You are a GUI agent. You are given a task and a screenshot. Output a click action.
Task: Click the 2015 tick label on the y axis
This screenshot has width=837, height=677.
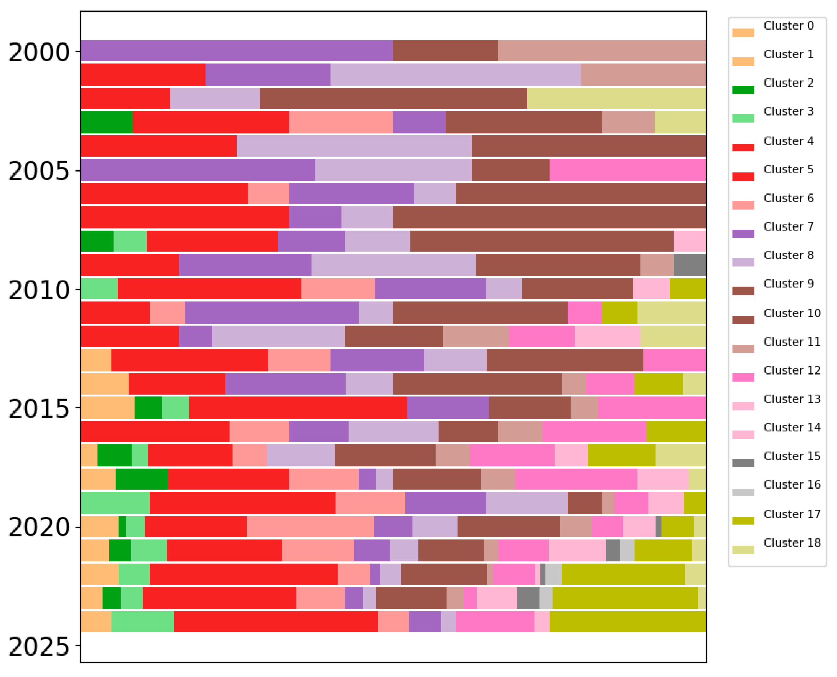[39, 409]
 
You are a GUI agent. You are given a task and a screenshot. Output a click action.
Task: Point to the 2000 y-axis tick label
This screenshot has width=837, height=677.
[39, 52]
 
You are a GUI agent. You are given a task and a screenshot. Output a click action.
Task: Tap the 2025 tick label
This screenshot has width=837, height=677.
[39, 647]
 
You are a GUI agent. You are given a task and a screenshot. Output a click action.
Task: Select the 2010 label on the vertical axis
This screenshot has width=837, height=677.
[39, 291]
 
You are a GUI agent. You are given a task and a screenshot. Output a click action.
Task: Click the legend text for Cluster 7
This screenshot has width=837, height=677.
[788, 226]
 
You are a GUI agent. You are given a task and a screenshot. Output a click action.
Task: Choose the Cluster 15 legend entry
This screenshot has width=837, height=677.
[792, 456]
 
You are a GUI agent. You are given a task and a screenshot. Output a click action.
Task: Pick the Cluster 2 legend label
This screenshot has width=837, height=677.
[788, 83]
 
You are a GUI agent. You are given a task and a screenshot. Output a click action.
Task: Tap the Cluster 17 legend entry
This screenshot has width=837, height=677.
[792, 514]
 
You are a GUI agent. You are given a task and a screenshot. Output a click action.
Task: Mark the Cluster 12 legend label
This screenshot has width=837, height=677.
[792, 370]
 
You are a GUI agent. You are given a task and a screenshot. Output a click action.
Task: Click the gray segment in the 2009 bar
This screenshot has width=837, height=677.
[689, 265]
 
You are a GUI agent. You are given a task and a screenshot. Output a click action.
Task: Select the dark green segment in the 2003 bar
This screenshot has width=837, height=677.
[106, 122]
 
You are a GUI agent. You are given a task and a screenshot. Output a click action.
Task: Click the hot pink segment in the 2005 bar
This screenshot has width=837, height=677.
[627, 170]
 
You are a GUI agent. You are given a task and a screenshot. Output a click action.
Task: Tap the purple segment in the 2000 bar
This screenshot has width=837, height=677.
[237, 51]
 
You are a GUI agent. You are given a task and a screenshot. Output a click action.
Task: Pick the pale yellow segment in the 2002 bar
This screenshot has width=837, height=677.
[616, 98]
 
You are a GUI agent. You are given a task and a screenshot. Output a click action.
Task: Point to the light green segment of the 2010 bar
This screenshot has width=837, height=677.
[99, 289]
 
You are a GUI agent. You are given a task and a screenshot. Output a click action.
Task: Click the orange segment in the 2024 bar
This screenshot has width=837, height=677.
[96, 622]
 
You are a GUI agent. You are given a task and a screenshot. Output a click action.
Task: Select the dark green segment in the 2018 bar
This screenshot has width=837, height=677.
[142, 479]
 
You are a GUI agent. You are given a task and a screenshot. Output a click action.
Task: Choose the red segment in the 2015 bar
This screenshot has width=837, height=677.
[298, 408]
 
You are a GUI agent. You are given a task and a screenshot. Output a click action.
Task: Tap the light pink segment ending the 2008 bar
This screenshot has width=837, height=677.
[689, 241]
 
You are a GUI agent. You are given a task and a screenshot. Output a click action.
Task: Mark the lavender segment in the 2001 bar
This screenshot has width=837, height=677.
[455, 74]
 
